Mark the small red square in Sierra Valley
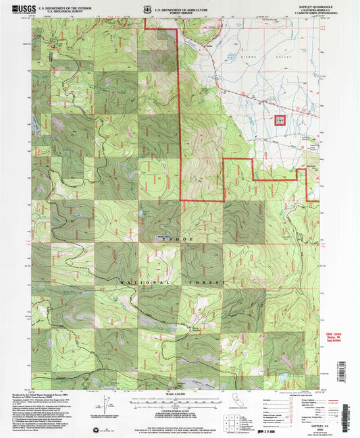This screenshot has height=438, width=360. click(279, 119)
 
